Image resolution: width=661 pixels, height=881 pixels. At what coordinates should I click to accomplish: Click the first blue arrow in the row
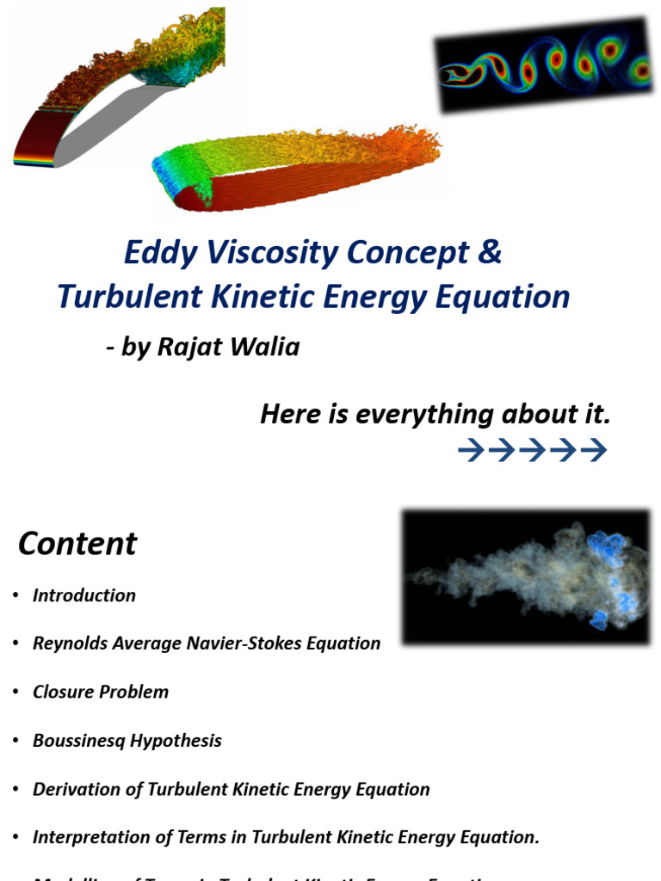[471, 450]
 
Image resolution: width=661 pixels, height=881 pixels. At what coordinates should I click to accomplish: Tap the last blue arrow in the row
[594, 450]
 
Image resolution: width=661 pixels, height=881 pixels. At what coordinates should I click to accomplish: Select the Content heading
[77, 544]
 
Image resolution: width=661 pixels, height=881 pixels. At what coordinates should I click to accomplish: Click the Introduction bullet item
[84, 595]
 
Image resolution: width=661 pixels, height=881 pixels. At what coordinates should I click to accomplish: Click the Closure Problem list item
[101, 692]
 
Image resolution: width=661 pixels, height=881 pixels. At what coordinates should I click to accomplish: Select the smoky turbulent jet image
[526, 576]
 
